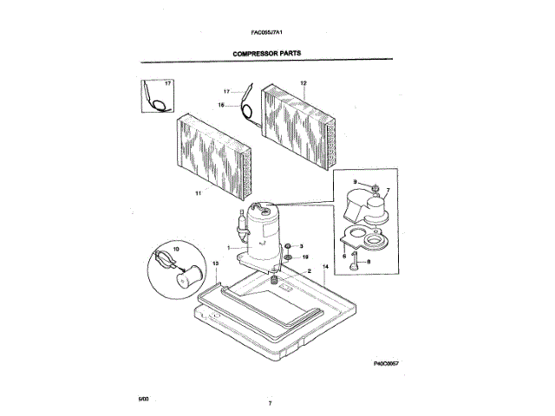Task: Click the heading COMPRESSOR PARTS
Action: click(x=267, y=52)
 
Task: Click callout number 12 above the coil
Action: click(x=304, y=83)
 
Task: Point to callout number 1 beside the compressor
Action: click(x=228, y=248)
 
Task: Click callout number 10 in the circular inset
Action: click(x=177, y=249)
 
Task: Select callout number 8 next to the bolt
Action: click(x=368, y=262)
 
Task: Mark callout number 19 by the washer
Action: click(x=303, y=257)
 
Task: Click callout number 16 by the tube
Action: click(x=221, y=105)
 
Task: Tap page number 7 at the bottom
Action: click(x=270, y=405)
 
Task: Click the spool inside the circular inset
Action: click(x=186, y=279)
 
